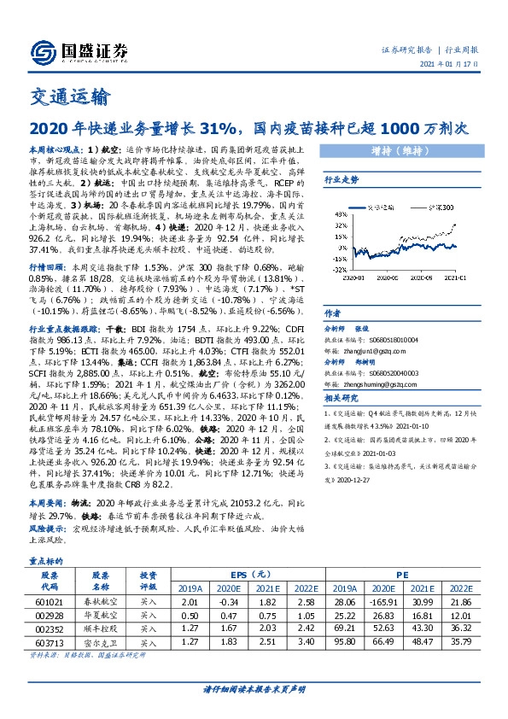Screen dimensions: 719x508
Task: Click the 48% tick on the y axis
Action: pos(339,215)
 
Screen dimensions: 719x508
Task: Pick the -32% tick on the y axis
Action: pos(338,271)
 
